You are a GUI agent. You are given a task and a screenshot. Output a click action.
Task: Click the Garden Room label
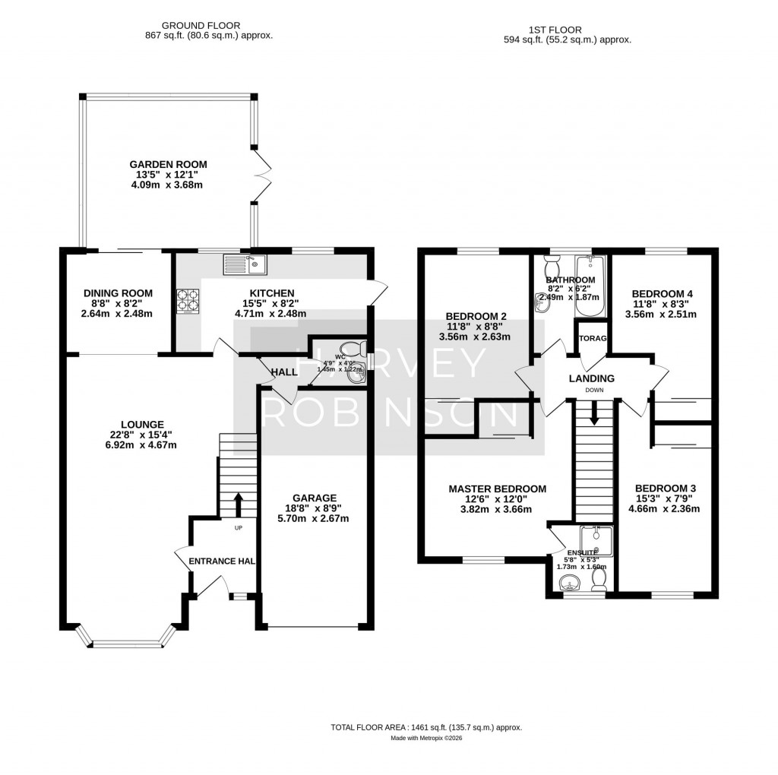(168, 164)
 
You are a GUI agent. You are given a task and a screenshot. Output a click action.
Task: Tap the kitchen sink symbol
(244, 264)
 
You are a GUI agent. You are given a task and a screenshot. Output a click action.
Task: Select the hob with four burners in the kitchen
(189, 301)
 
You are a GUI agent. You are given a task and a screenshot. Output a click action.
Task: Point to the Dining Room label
(118, 293)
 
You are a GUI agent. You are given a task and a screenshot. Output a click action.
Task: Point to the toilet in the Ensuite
(599, 580)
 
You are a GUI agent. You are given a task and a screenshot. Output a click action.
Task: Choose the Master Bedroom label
(497, 489)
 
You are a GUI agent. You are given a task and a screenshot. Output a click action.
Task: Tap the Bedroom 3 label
(665, 488)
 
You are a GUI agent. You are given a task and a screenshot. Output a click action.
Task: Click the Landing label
(591, 378)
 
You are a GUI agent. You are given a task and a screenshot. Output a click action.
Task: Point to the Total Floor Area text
(425, 727)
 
